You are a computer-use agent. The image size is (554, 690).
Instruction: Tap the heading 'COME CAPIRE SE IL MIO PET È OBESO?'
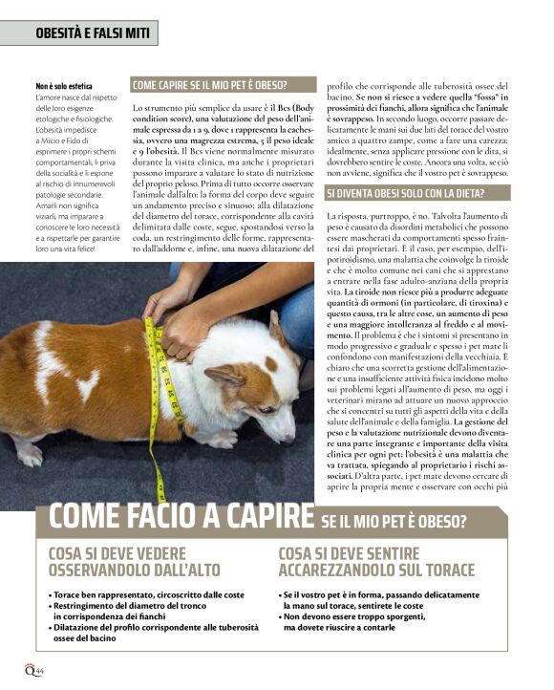pyautogui.click(x=210, y=85)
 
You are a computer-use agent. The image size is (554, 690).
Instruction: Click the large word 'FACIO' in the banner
pyautogui.click(x=146, y=517)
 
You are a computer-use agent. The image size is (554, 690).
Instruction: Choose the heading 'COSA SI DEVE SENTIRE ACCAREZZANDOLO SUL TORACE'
pyautogui.click(x=376, y=562)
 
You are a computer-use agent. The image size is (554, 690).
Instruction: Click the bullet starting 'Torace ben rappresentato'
pyautogui.click(x=148, y=594)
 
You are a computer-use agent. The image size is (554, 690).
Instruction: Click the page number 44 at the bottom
pyautogui.click(x=42, y=671)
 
